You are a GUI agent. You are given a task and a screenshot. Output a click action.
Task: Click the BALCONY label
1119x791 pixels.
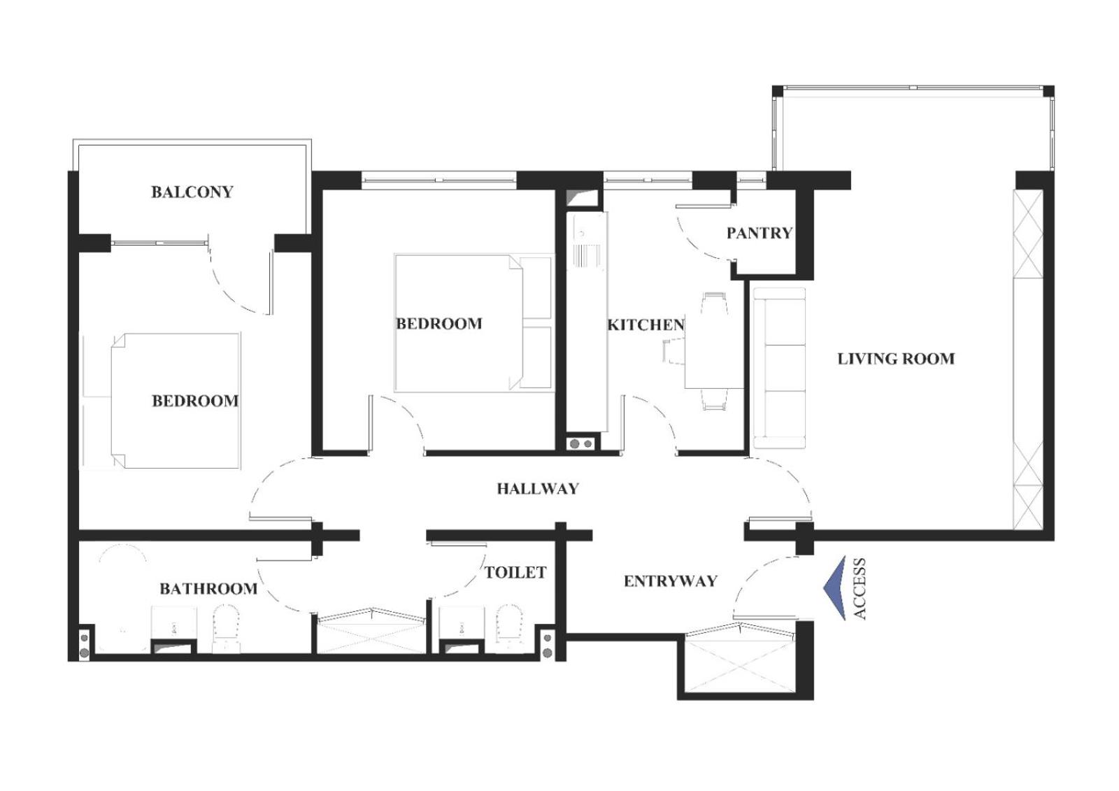pyautogui.click(x=192, y=192)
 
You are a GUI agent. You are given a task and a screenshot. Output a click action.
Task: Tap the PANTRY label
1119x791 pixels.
pyautogui.click(x=760, y=233)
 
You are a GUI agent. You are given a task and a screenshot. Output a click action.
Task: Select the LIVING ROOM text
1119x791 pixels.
pyautogui.click(x=896, y=359)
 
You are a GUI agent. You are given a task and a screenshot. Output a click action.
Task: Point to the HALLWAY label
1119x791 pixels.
pyautogui.click(x=538, y=489)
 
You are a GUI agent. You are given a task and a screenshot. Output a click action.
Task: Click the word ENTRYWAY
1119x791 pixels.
pyautogui.click(x=671, y=581)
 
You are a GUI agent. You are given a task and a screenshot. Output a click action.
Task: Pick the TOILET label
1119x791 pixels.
pyautogui.click(x=515, y=573)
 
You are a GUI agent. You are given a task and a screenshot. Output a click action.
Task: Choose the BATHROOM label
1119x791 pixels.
pyautogui.click(x=208, y=589)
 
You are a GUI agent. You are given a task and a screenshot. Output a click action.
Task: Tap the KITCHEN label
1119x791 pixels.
pyautogui.click(x=646, y=325)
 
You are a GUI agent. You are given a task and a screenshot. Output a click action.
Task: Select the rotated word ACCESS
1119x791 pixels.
pyautogui.click(x=860, y=589)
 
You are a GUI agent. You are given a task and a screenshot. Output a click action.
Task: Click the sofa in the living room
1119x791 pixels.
pyautogui.click(x=779, y=368)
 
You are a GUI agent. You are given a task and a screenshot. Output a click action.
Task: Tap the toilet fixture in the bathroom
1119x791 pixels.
pyautogui.click(x=227, y=628)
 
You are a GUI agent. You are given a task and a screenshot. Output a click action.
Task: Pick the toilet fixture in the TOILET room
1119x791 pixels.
pyautogui.click(x=510, y=628)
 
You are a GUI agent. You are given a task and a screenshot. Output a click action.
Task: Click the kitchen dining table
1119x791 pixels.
pyautogui.click(x=713, y=351)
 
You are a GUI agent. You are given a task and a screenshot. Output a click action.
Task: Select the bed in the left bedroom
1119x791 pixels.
pyautogui.click(x=176, y=400)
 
